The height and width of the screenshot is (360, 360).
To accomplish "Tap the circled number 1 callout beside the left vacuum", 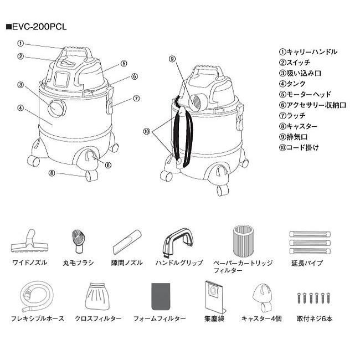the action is [x=20, y=43].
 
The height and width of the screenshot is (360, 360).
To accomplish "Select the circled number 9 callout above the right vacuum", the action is [x=172, y=58].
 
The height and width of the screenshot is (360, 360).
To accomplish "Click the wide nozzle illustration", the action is [x=29, y=241].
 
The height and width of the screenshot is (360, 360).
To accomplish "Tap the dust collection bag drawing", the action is [x=213, y=296].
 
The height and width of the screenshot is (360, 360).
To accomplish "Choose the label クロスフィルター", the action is [x=97, y=319].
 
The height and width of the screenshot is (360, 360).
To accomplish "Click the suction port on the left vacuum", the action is [x=56, y=108].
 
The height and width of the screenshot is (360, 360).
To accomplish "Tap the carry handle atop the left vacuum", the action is [x=76, y=52].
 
